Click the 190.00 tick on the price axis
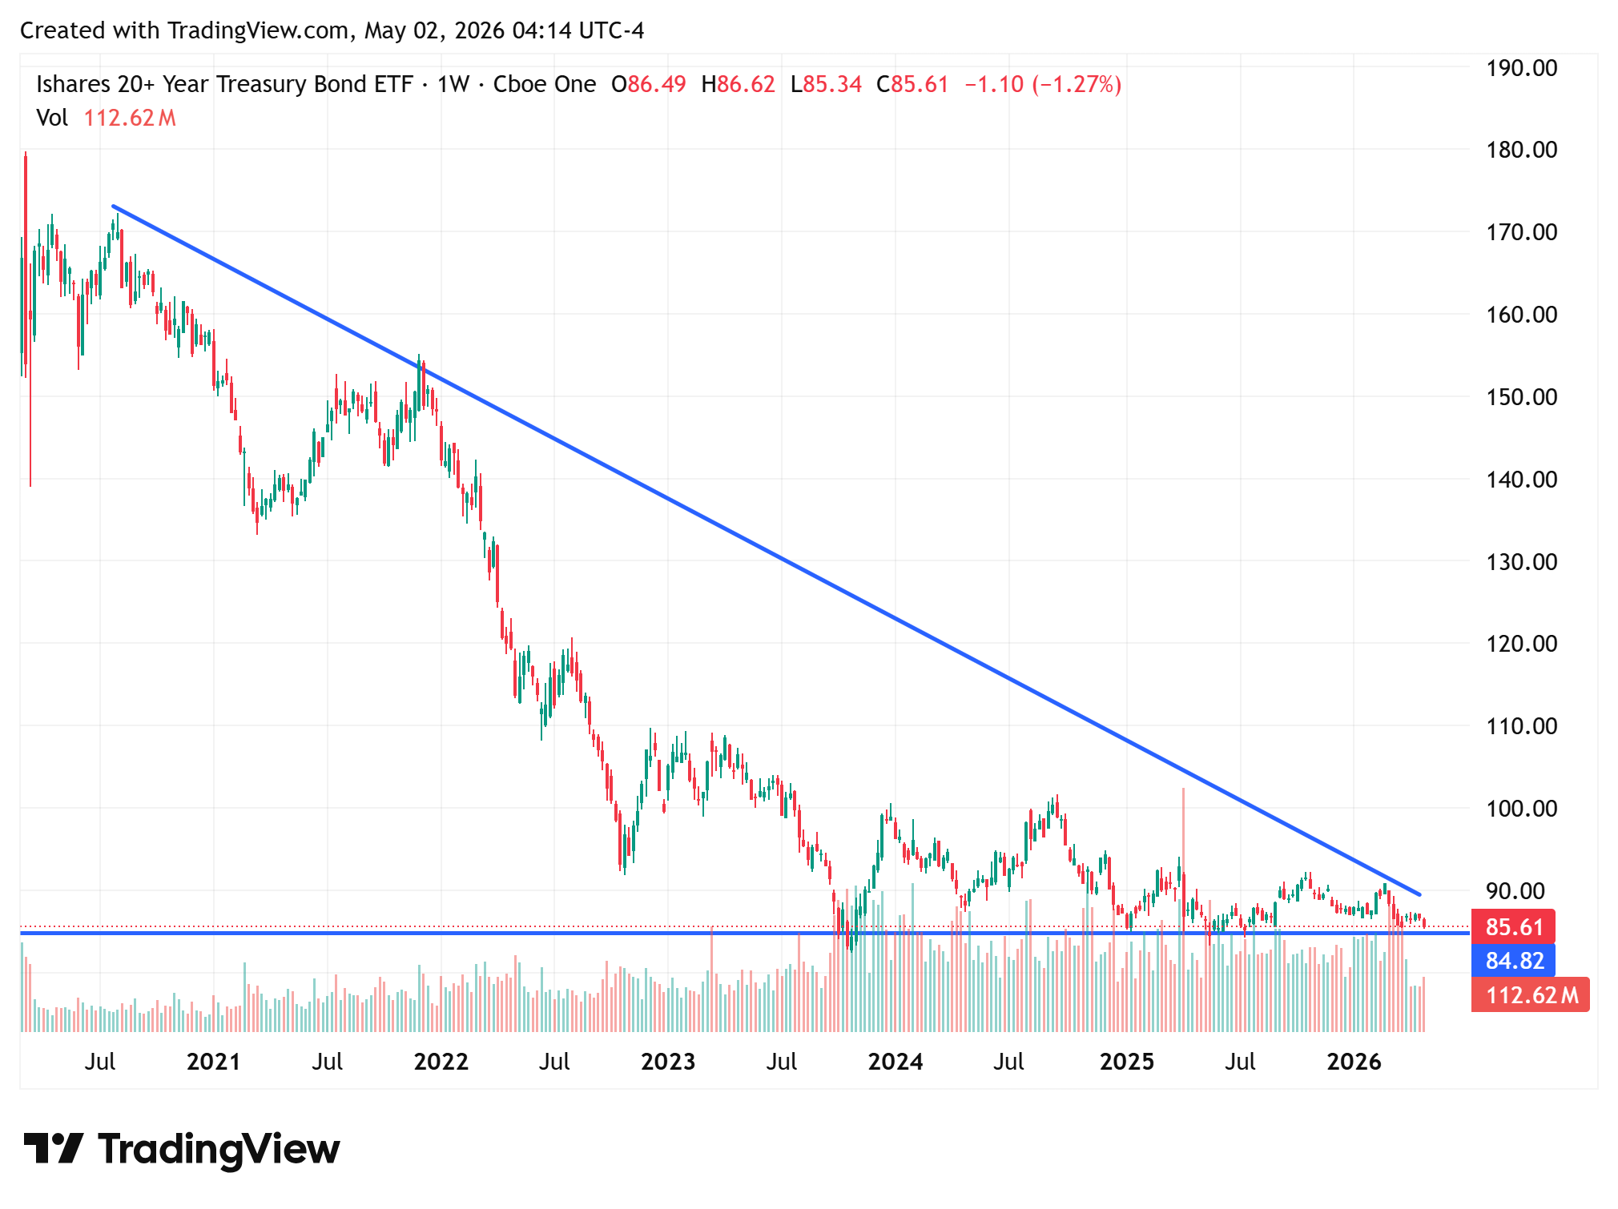(1521, 68)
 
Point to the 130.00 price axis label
(1521, 562)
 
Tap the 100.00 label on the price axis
(1521, 809)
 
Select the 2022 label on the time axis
(441, 1062)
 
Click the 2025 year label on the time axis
(1126, 1062)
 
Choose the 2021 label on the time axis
(213, 1062)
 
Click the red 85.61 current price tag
(1513, 927)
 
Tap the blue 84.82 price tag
(1513, 960)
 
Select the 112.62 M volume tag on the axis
(1531, 995)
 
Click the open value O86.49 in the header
(649, 84)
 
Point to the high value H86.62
(738, 84)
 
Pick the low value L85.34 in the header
(826, 84)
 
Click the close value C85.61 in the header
(912, 84)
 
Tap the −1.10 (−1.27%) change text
(1043, 84)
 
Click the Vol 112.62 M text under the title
(106, 118)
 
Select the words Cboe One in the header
(545, 84)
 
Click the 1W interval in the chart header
(453, 84)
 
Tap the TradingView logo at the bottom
(182, 1149)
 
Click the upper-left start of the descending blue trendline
(113, 206)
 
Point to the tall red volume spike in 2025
(1183, 910)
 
